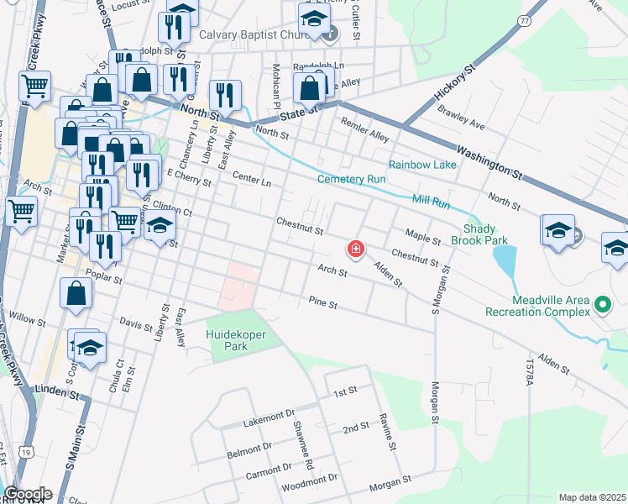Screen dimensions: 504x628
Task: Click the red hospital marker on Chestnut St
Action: (356, 249)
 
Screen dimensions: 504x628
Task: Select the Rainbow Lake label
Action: (421, 165)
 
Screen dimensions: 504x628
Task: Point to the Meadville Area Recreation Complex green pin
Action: (602, 304)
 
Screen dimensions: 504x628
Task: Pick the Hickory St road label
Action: (455, 87)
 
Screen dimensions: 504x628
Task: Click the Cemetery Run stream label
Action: (351, 179)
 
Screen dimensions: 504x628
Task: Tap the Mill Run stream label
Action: (431, 202)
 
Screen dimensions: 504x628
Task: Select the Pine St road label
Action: (322, 302)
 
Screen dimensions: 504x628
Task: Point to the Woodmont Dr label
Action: (309, 479)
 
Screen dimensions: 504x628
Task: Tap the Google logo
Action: (27, 494)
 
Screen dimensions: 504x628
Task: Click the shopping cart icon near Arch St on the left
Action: (21, 210)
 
